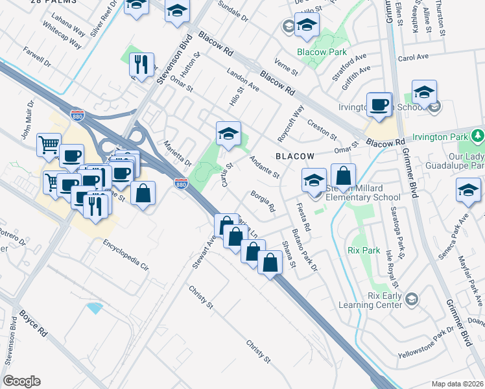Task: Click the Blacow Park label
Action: click(322, 52)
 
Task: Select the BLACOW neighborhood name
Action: click(294, 156)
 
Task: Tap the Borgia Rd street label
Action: click(263, 202)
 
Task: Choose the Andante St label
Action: click(264, 166)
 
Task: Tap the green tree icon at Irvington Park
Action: click(478, 136)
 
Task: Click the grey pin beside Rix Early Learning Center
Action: click(412, 299)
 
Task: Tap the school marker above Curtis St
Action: click(228, 135)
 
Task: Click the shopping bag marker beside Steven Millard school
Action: click(343, 176)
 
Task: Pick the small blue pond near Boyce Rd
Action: click(95, 308)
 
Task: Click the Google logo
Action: click(22, 381)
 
